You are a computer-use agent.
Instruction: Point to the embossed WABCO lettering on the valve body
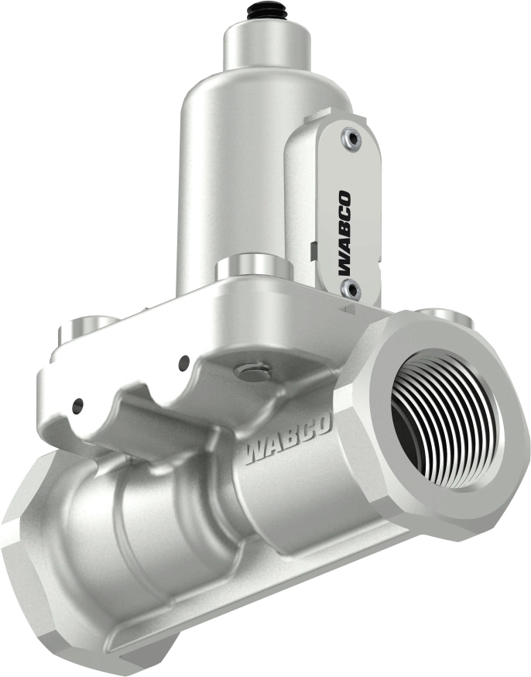tap(288, 440)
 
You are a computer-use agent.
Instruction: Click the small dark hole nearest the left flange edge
tap(78, 404)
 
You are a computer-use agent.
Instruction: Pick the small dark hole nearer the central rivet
tap(183, 361)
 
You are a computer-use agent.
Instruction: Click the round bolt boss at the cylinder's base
tap(252, 267)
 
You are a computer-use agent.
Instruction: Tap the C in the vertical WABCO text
tap(343, 209)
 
